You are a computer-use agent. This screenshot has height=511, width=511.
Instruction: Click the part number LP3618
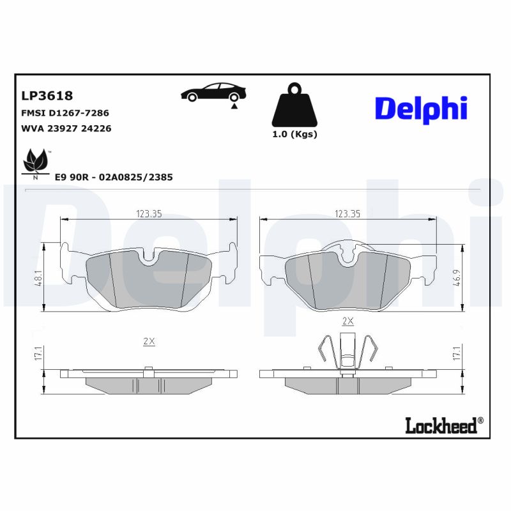click(47, 96)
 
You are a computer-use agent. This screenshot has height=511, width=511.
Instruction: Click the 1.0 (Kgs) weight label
click(294, 135)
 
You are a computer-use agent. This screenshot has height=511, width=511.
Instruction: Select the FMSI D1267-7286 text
click(65, 113)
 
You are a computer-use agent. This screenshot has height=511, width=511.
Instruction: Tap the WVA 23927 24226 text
click(66, 128)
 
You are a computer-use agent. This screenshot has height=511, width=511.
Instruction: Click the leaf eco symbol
click(36, 162)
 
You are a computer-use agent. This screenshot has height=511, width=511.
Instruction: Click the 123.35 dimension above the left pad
click(149, 214)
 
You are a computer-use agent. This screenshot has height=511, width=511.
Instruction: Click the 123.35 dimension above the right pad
click(347, 214)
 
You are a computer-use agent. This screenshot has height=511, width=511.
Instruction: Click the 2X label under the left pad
click(149, 341)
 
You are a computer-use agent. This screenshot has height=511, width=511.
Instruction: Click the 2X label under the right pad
click(347, 321)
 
